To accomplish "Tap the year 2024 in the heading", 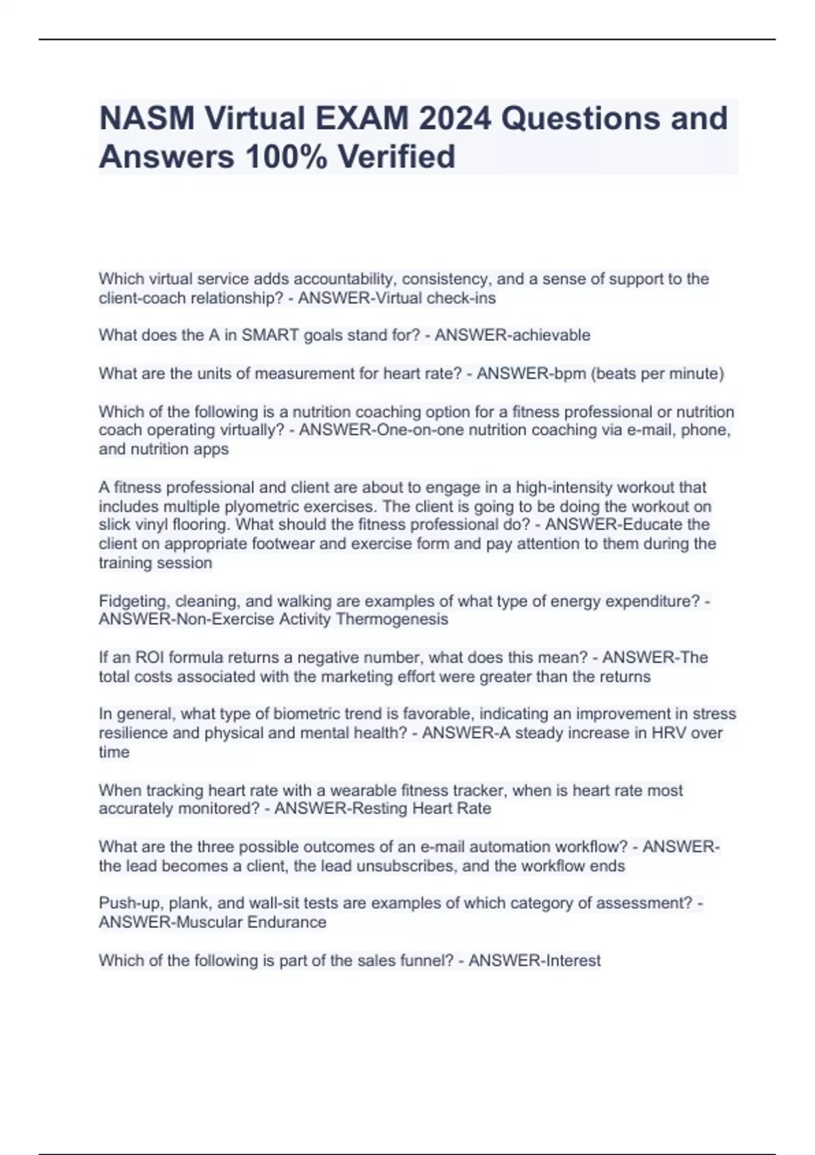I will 454,118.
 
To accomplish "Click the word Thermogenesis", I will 392,620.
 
